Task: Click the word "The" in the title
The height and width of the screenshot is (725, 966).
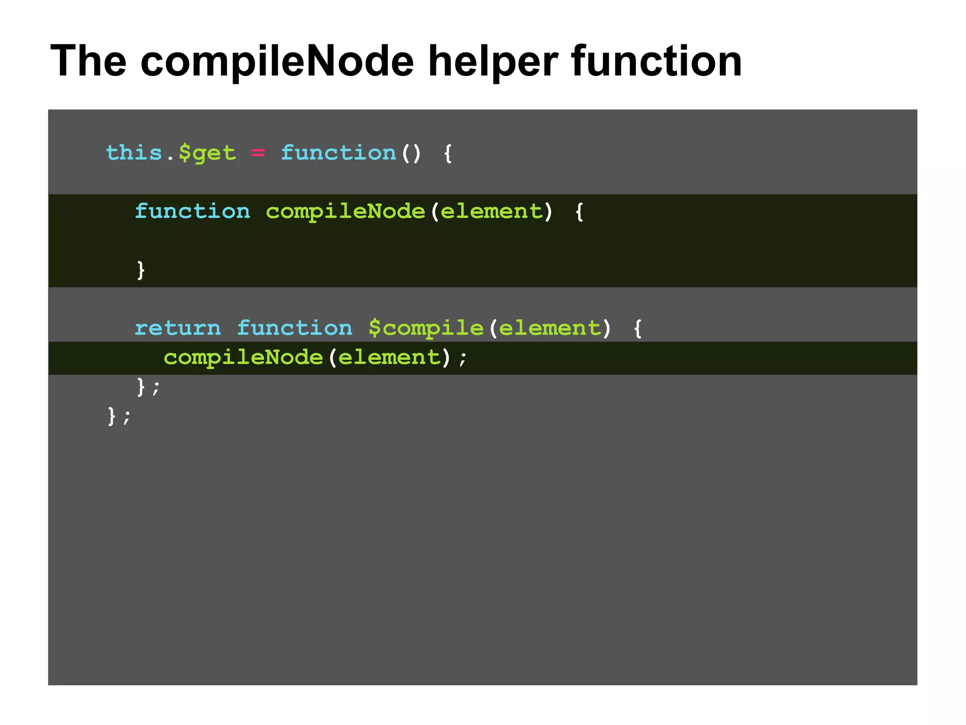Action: (88, 61)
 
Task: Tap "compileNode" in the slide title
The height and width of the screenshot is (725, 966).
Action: (277, 62)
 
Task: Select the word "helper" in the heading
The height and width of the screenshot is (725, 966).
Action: (492, 62)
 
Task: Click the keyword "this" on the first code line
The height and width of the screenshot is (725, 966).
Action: (134, 153)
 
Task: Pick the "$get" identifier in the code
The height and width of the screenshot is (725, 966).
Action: (207, 153)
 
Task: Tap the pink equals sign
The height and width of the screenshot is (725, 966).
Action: (258, 153)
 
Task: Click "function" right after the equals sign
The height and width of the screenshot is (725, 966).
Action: (338, 153)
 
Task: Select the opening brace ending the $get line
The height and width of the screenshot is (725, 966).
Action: (448, 153)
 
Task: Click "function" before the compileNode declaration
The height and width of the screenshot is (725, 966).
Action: (192, 211)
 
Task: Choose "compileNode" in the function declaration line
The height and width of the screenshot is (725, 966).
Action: (345, 211)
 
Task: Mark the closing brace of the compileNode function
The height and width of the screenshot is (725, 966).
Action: (141, 270)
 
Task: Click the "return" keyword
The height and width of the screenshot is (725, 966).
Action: (177, 328)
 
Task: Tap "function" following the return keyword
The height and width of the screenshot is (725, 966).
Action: (294, 328)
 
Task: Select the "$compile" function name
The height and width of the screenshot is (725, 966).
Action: (426, 328)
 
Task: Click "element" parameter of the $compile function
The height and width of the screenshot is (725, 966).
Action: (550, 328)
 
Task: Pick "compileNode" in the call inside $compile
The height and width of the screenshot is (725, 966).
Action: (243, 357)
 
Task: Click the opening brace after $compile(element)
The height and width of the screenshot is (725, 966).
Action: (638, 328)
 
